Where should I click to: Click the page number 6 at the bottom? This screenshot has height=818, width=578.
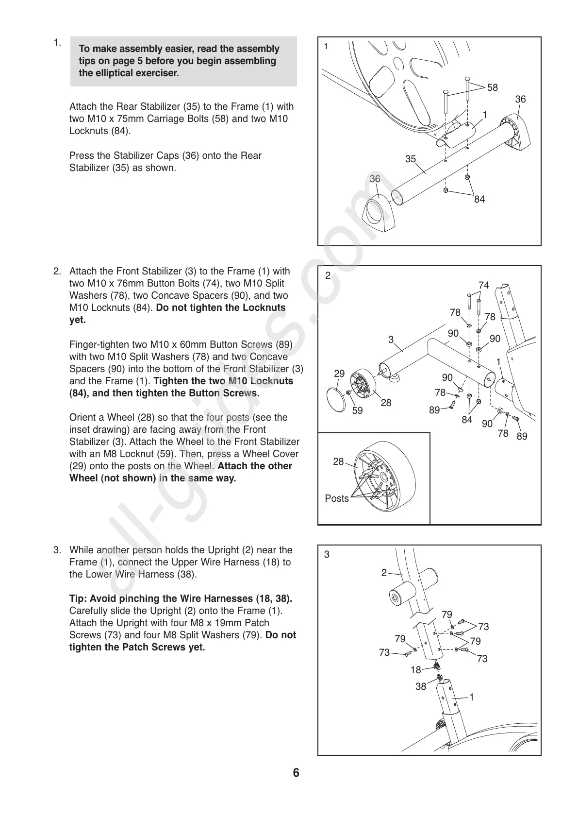click(296, 773)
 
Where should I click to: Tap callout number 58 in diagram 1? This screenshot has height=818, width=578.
click(492, 88)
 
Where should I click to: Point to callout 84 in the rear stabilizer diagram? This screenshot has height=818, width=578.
click(479, 199)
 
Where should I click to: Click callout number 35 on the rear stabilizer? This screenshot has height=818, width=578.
click(411, 159)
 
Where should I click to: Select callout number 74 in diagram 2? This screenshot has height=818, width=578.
click(483, 286)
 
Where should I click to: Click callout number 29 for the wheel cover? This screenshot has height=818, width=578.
click(339, 374)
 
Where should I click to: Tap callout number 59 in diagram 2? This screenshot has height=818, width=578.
click(357, 411)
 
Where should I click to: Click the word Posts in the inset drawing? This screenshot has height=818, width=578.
click(337, 498)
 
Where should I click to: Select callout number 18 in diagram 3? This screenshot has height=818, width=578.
click(416, 670)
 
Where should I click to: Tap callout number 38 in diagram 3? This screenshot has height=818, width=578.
click(420, 687)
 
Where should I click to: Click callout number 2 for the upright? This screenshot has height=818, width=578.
click(384, 573)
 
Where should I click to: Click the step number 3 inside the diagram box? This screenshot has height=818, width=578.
click(327, 554)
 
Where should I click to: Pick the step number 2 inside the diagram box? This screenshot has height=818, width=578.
click(328, 275)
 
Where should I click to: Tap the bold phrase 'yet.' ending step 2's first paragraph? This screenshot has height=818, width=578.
click(78, 320)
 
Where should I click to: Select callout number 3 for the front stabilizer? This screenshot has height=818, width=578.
click(391, 340)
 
